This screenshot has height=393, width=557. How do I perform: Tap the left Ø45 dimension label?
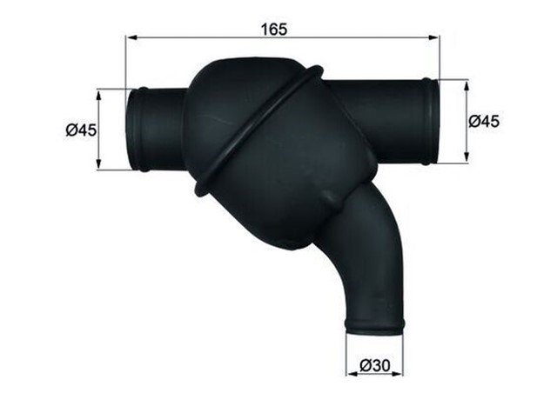click(80, 130)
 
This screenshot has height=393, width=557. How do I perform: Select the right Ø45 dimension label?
click(484, 123)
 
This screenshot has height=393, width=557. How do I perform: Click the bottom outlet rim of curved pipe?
click(375, 326)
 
